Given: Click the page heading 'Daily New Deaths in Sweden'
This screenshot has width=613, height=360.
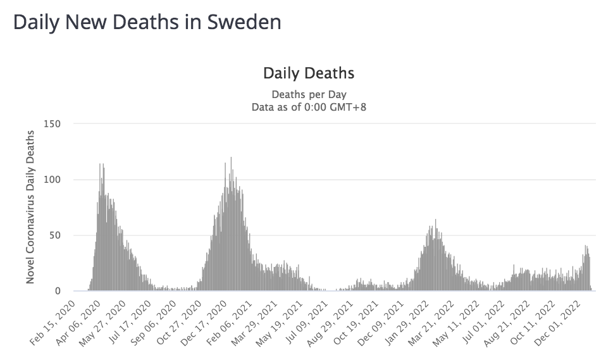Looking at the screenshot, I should pos(147,22).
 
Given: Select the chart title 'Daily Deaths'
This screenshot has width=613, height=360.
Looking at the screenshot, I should pos(309,73).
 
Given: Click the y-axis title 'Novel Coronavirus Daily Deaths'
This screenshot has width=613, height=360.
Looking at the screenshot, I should pos(30,208).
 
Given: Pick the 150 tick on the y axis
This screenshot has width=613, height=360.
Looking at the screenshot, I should pos(52,123).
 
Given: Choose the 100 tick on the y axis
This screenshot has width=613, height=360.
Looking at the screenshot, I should pos(52,180).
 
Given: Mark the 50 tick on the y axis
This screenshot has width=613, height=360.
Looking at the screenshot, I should pos(54,235).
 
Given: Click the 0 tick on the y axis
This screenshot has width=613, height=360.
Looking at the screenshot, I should pos(57,291).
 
